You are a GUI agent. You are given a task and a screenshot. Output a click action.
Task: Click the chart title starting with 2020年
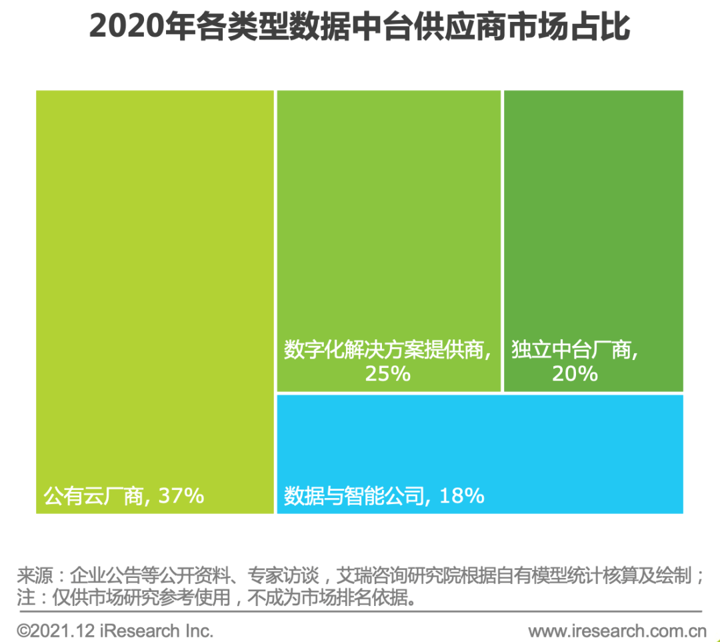point(359,29)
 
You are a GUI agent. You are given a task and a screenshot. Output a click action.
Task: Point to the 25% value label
point(387,374)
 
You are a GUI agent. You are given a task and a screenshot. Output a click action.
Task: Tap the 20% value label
point(575,374)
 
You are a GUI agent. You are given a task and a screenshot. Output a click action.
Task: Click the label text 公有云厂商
point(93,497)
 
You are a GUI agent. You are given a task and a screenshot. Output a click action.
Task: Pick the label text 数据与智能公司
point(354,497)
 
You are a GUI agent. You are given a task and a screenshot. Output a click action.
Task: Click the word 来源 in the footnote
point(33,575)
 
